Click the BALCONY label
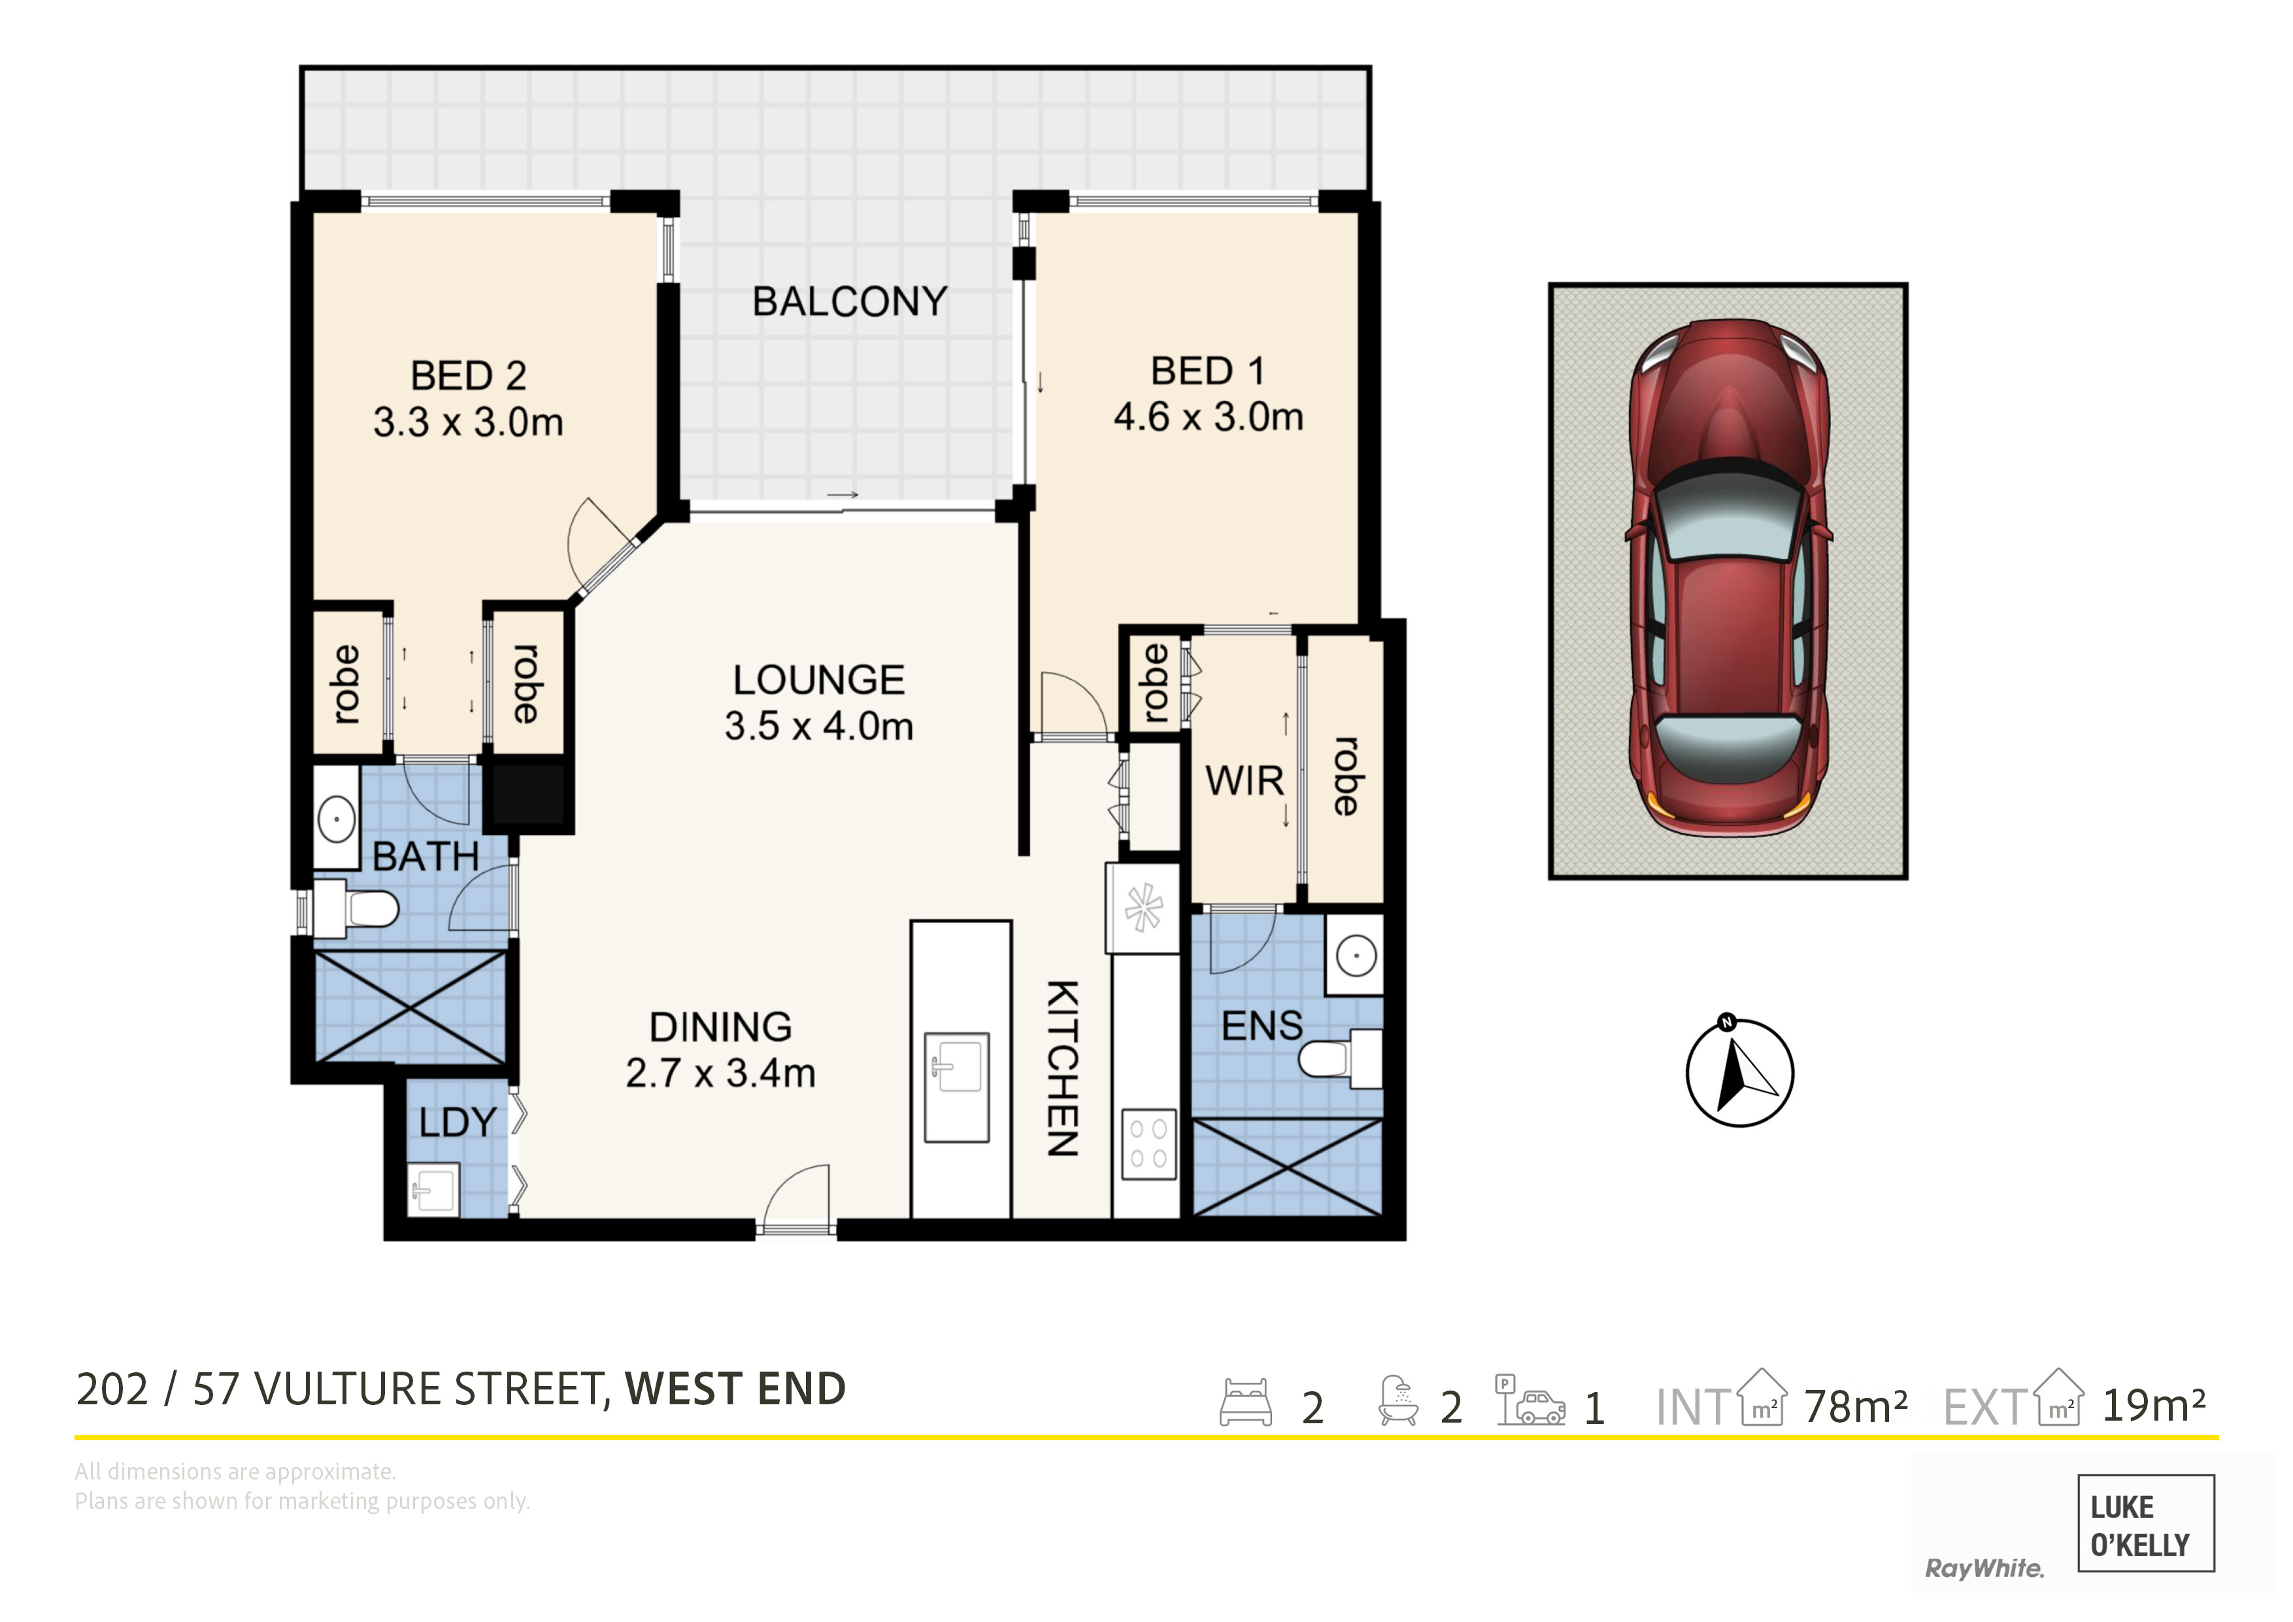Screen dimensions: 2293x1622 point(849,301)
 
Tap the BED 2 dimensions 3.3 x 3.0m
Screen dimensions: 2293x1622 point(469,422)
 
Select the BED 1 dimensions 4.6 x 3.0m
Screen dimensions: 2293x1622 point(1209,416)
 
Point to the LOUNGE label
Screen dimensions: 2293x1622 point(819,680)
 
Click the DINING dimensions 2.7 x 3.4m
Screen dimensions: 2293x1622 point(720,1073)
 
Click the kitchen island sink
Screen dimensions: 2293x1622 point(957,1087)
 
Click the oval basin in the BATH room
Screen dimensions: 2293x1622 point(337,819)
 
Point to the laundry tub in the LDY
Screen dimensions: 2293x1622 point(433,1189)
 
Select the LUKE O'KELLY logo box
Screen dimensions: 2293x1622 point(2145,1523)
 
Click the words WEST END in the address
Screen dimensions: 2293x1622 point(736,1389)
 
